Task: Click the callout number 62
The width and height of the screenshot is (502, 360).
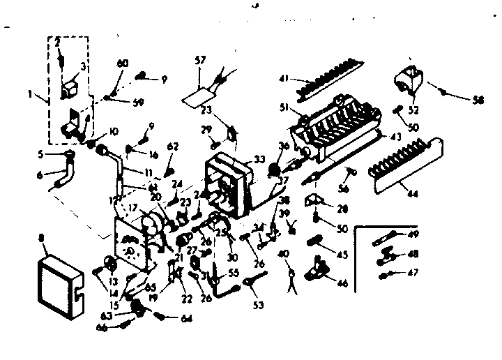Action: coord(174,147)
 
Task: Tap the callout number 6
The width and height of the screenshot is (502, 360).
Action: coord(39,174)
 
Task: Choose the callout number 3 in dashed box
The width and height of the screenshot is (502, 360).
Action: coord(84,66)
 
